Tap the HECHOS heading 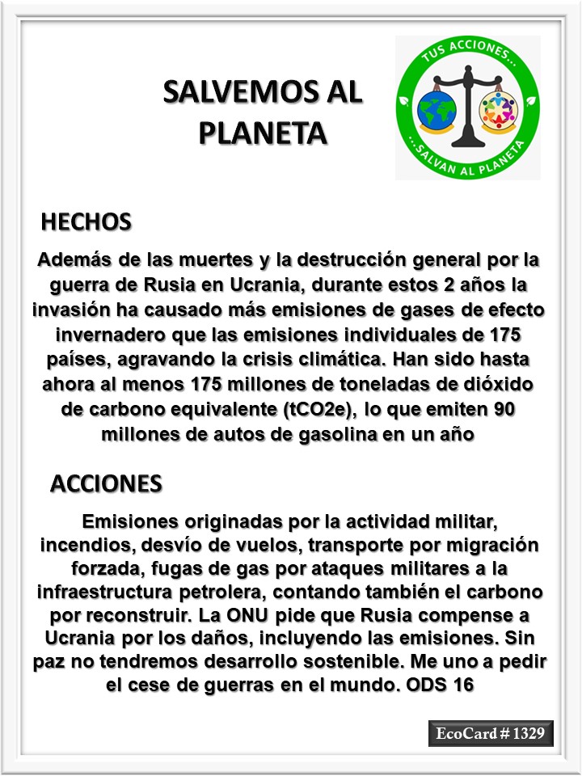point(86,221)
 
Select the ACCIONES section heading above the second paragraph point(106,483)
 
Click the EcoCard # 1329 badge point(491,734)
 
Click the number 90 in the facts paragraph point(504,410)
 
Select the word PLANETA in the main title point(264,132)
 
